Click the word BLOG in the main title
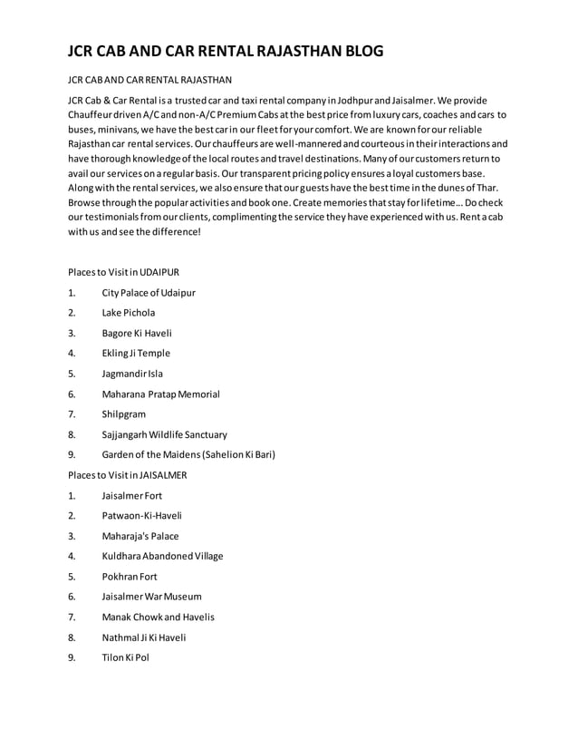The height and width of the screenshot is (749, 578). coord(354,51)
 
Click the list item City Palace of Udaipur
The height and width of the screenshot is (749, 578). coord(149,293)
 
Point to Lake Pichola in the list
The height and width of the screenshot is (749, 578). coord(128,313)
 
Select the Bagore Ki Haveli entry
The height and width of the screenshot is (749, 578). coord(137,333)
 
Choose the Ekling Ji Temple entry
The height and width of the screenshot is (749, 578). coord(136,354)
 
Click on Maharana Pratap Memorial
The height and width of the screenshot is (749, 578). coord(160,394)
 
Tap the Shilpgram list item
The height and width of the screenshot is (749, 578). coord(123,414)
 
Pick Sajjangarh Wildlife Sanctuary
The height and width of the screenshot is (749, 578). coord(164,434)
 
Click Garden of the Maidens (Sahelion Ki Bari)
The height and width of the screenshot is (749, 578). coord(188,454)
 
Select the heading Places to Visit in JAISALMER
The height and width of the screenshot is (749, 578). coord(128,474)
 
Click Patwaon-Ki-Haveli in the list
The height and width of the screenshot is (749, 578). coord(142,516)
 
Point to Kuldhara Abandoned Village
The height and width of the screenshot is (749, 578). coord(162,556)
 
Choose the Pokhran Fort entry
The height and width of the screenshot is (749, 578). coord(130,576)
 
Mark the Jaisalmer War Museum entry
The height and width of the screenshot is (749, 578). coord(151,597)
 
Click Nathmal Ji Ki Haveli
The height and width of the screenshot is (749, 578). coord(144,637)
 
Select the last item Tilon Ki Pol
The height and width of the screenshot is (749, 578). coord(126,657)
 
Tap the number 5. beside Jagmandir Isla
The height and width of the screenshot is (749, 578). coord(72,374)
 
